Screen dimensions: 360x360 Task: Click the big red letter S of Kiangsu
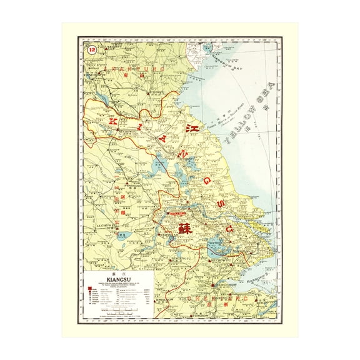pyautogui.click(x=219, y=204)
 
